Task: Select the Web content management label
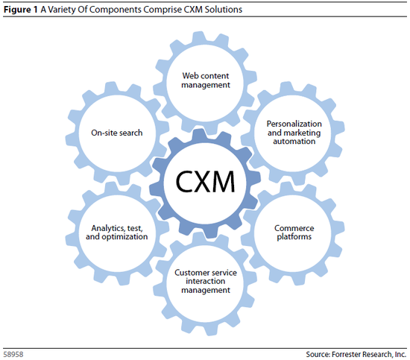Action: tap(206, 80)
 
